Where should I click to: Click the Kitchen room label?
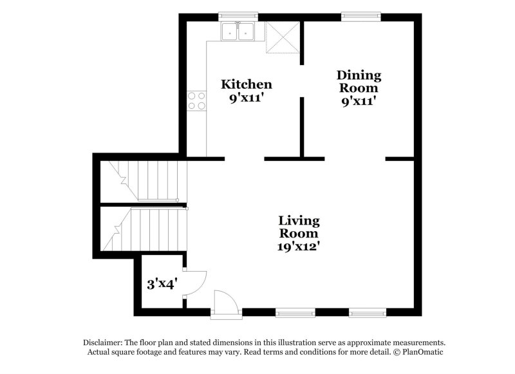tap(246, 84)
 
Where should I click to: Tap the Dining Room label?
tap(359, 82)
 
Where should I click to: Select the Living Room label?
tap(299, 227)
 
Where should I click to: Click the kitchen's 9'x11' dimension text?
tap(246, 99)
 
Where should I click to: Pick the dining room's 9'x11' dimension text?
tap(359, 101)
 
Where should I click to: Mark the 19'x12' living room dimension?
tap(299, 245)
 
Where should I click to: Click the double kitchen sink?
tap(238, 31)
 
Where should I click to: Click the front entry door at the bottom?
tap(226, 303)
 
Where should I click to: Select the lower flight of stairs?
tap(145, 229)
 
